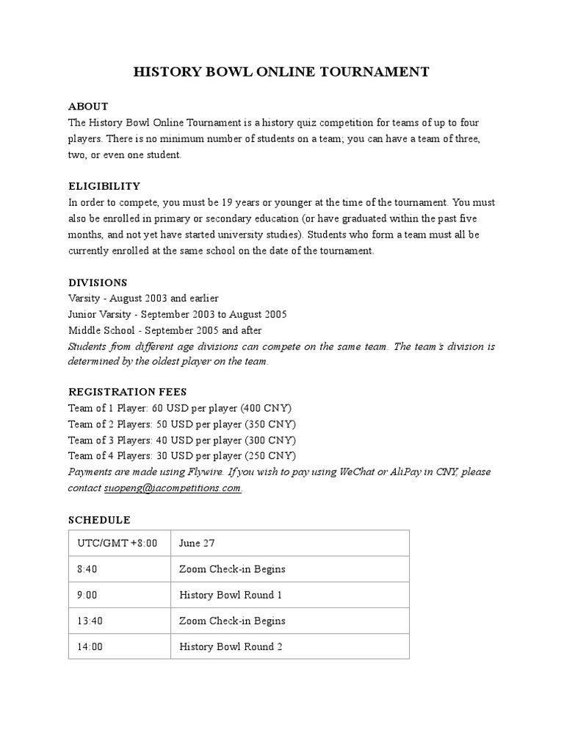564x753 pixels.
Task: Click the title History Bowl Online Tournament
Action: tap(281, 72)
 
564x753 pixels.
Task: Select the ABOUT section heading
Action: tap(88, 107)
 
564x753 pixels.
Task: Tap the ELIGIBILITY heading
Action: tap(104, 186)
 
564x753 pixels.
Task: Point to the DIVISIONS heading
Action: tap(98, 282)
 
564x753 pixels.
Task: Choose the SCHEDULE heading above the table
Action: tap(99, 520)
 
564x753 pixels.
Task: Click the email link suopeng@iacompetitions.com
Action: tap(173, 488)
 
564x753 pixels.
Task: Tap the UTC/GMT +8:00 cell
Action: tap(117, 543)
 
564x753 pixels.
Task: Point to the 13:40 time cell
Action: tap(90, 621)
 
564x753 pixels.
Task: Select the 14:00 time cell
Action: tap(90, 647)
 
